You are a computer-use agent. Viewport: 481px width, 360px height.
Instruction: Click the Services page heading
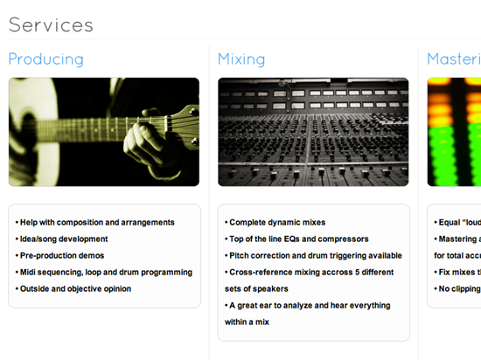coord(51,24)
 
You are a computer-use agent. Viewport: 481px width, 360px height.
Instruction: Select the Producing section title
coord(45,59)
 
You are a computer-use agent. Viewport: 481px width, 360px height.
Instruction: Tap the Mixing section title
coord(241,59)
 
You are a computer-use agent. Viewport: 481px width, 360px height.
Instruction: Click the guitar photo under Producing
coord(103,132)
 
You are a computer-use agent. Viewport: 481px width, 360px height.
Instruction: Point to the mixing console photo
coord(313,132)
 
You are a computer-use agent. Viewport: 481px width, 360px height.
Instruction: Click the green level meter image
coord(454,132)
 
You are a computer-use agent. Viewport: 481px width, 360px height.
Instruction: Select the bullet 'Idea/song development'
coord(63,239)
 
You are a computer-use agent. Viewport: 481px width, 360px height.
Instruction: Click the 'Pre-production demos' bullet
coord(61,255)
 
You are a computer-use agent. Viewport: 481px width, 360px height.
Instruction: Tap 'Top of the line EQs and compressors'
coord(298,239)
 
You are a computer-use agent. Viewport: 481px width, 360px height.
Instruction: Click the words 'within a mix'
coord(247,322)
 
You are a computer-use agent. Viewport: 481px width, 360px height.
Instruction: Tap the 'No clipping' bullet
coord(457,288)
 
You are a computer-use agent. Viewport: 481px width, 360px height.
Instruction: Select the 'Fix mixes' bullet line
coord(457,272)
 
